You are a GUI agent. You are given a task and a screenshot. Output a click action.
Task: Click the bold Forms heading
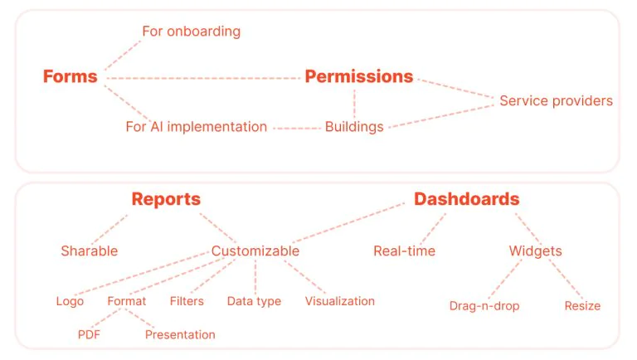(x=71, y=76)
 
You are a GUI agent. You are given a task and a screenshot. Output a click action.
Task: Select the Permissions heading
(x=359, y=76)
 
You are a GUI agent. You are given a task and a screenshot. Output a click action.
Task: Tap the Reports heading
(x=166, y=199)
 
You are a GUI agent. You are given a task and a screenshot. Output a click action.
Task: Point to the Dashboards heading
(x=467, y=199)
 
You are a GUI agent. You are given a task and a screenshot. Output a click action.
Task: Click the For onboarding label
(x=192, y=32)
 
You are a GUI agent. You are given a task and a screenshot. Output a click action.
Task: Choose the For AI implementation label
(x=197, y=127)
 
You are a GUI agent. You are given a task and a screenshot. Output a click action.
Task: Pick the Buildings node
(x=354, y=127)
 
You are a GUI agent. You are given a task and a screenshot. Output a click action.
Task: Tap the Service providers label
(x=557, y=100)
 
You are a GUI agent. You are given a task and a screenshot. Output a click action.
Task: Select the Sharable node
(x=90, y=251)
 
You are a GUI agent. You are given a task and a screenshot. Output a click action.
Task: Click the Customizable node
(x=255, y=251)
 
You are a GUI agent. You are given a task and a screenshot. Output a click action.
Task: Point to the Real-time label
(x=405, y=251)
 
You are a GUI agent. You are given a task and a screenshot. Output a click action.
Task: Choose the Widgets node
(x=536, y=251)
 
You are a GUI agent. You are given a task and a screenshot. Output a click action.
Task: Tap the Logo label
(x=70, y=301)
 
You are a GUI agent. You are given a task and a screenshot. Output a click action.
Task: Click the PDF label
(x=89, y=335)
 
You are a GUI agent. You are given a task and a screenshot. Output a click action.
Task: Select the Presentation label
(x=180, y=335)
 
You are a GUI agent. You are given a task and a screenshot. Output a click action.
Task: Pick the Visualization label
(x=340, y=301)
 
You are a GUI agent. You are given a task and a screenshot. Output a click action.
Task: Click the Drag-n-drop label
(x=484, y=306)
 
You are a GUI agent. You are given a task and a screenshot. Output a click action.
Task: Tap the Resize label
(x=582, y=306)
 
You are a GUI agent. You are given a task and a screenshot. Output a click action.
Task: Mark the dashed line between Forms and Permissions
(x=203, y=78)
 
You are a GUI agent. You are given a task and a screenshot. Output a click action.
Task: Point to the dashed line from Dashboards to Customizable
(x=348, y=222)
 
